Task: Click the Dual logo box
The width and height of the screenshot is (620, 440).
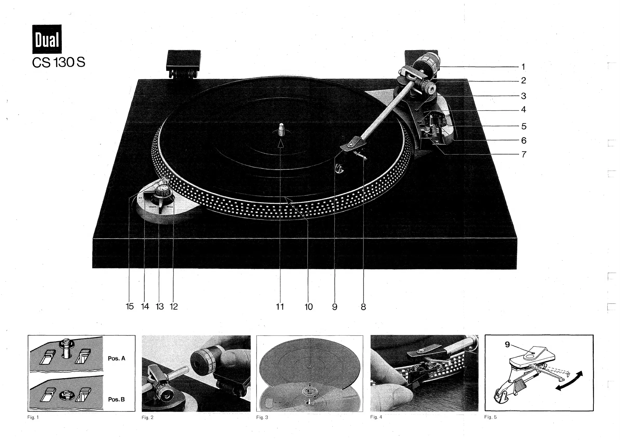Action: click(47, 39)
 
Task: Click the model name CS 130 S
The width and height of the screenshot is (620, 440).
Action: click(58, 63)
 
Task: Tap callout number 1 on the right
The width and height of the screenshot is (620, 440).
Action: click(523, 67)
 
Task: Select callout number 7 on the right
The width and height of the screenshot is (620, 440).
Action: click(524, 155)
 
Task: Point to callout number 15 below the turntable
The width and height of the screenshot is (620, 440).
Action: click(130, 306)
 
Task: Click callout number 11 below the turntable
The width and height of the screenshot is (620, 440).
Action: click(280, 307)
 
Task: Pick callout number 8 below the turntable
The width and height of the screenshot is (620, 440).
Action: click(363, 307)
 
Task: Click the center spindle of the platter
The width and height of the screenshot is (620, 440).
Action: click(281, 130)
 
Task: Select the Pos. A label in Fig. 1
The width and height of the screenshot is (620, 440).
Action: click(117, 358)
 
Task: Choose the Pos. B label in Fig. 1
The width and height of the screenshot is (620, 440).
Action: click(117, 399)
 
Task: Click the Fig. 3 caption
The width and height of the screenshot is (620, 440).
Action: click(262, 417)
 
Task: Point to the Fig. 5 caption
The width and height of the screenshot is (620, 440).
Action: click(490, 417)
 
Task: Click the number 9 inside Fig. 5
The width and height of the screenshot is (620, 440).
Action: click(507, 345)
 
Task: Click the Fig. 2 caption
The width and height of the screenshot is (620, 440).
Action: click(148, 417)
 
